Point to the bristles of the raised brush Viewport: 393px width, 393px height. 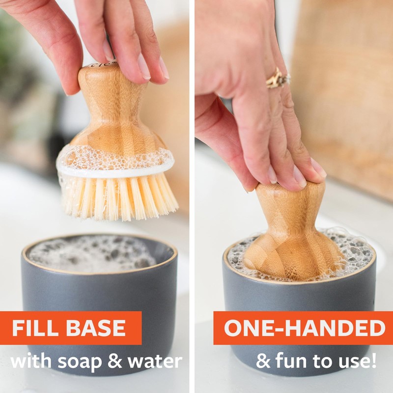(x=118, y=196)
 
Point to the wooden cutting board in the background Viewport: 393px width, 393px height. (x=344, y=98)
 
